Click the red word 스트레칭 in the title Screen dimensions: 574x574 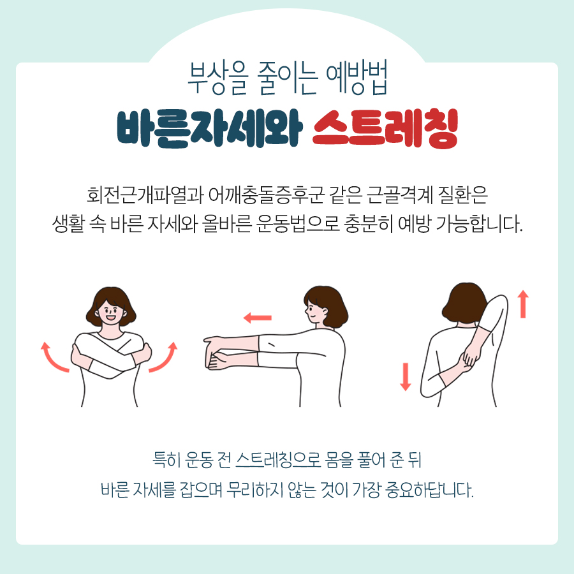[385, 128]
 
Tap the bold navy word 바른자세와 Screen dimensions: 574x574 [209, 128]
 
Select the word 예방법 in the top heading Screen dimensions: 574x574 [357, 77]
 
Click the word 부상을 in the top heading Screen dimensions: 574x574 [218, 77]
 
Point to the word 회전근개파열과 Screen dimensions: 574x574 [145, 195]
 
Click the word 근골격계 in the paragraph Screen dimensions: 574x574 [400, 195]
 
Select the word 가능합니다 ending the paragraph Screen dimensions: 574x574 [478, 224]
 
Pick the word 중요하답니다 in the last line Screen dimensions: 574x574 [429, 489]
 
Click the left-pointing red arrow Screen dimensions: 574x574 [258, 318]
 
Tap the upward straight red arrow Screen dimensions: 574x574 [523, 304]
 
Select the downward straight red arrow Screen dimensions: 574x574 [405, 377]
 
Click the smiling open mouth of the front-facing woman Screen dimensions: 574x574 [110, 318]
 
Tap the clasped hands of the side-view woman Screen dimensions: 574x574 [216, 353]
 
